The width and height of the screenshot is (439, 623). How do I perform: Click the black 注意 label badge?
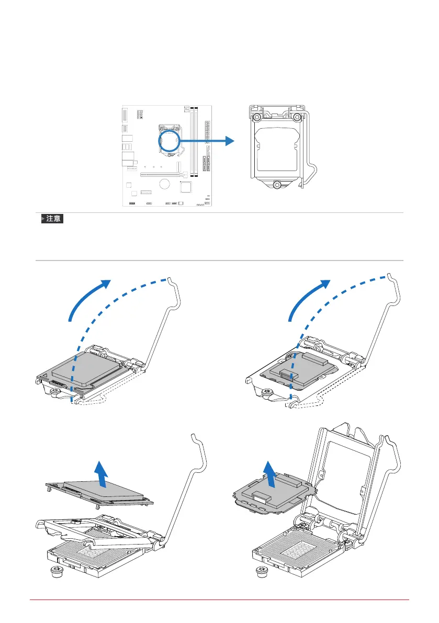(x=52, y=219)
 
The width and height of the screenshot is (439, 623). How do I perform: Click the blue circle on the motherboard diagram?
(x=169, y=141)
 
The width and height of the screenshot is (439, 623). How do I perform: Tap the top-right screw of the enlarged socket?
(x=297, y=117)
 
